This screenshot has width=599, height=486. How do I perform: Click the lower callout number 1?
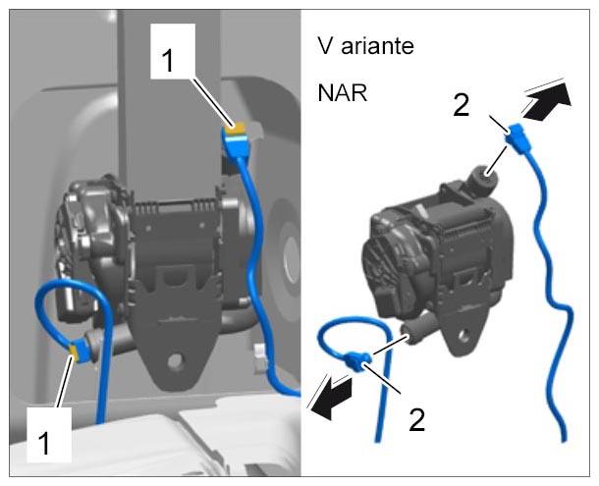(x=45, y=443)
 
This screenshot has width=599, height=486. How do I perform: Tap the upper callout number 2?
(x=462, y=105)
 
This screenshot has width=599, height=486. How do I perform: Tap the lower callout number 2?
(x=416, y=419)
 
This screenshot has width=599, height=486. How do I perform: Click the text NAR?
(x=343, y=93)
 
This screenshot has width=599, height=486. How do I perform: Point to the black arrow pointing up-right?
(x=547, y=101)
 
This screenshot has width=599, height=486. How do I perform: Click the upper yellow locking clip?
(x=235, y=129)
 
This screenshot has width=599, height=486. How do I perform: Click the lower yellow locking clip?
(x=74, y=352)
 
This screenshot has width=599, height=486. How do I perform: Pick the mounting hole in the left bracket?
(x=176, y=360)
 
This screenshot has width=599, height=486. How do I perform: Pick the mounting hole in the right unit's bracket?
(x=463, y=336)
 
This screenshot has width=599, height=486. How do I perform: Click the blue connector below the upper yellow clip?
(x=237, y=144)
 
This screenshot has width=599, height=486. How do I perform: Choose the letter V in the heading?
(x=324, y=46)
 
